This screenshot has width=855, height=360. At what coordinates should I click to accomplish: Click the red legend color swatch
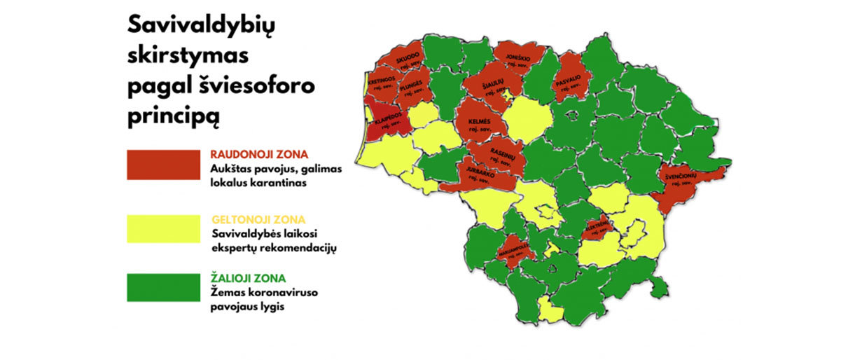(163, 164)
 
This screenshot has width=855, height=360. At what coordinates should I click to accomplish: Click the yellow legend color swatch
(163, 228)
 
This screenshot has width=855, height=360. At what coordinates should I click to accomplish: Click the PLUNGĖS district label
(412, 84)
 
